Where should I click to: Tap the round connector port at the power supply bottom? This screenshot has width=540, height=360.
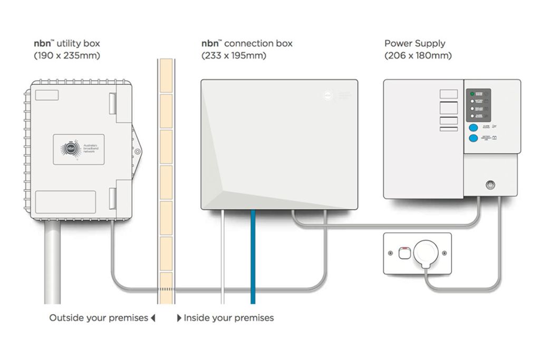click(x=490, y=184)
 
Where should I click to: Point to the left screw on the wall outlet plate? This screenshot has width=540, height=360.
click(x=391, y=254)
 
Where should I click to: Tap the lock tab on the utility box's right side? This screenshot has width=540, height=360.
click(x=137, y=151)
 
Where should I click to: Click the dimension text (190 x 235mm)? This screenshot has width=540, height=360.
click(x=67, y=55)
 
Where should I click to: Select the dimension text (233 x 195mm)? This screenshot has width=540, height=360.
click(x=234, y=55)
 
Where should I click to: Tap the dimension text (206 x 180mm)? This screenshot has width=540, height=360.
click(x=418, y=55)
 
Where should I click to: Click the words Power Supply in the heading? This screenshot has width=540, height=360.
click(x=414, y=43)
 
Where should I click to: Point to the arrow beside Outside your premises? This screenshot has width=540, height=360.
click(x=153, y=318)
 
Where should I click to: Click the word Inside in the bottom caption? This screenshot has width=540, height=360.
click(x=197, y=318)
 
